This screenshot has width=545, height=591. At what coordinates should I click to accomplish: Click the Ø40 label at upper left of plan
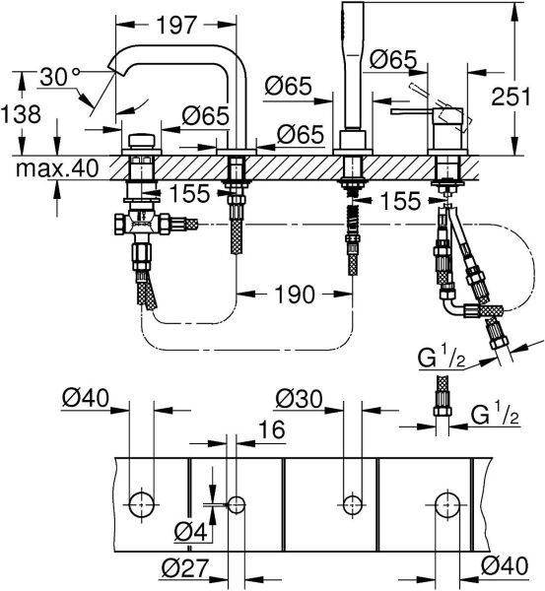click(83, 400)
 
